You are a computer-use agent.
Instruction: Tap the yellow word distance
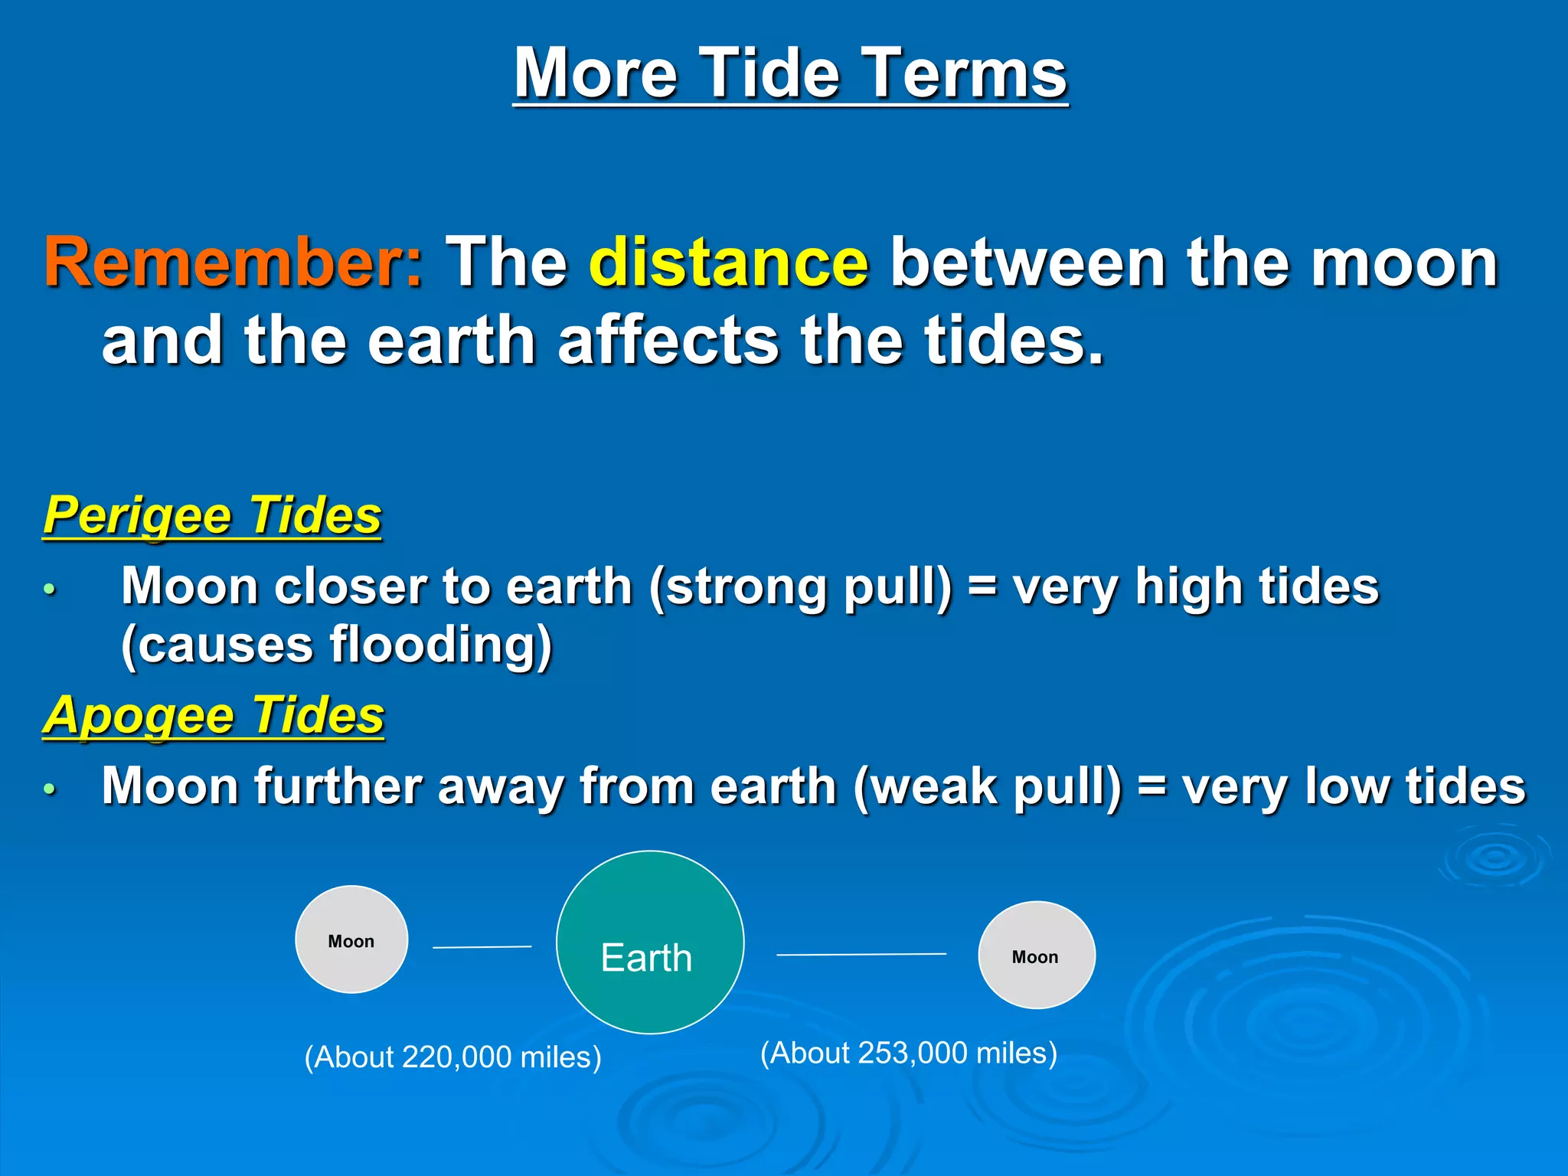tap(728, 263)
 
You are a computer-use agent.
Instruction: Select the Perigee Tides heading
tap(212, 515)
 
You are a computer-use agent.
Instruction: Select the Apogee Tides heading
tap(214, 715)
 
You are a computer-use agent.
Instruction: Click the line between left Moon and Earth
tap(482, 947)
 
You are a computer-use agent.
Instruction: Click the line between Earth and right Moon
tap(861, 954)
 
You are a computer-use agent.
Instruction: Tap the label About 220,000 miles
tap(452, 1057)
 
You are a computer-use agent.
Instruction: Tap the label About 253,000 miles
tap(908, 1053)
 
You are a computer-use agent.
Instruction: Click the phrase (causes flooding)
tap(336, 645)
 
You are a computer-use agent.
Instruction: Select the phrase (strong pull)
tap(801, 587)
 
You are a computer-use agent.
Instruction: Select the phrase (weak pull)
tap(988, 787)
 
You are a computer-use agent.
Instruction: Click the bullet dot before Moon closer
tap(50, 589)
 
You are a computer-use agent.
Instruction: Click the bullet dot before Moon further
tap(50, 789)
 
